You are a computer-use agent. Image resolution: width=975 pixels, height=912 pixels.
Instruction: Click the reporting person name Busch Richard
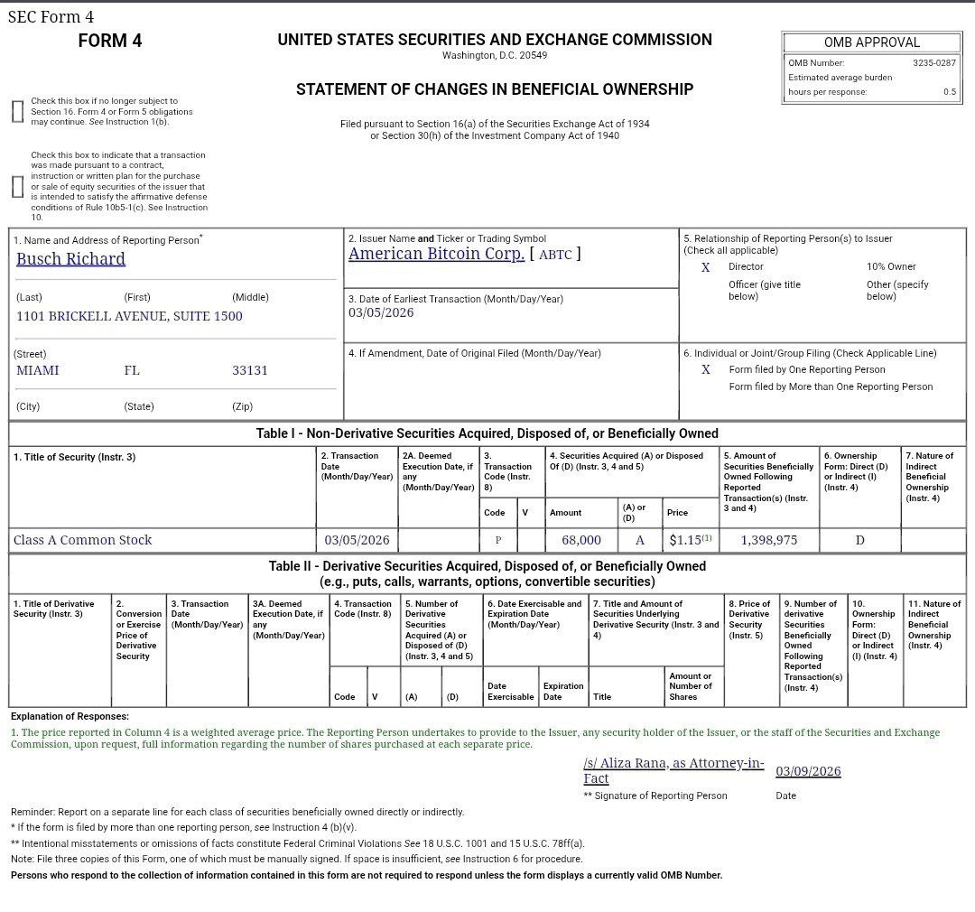coord(70,259)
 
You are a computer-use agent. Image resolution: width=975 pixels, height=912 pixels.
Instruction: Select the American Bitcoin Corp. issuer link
coord(436,254)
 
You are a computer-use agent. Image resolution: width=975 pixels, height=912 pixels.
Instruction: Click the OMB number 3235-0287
coord(933,63)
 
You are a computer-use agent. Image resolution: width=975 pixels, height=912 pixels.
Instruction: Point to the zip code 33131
coord(249,370)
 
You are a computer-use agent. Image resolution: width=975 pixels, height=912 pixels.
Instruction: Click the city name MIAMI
coord(37,370)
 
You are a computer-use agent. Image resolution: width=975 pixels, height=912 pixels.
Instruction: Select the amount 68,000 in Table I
coord(580,540)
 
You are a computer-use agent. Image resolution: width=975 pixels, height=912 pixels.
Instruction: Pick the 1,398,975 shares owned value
coord(768,540)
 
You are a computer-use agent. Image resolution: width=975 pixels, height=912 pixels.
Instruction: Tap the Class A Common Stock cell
coord(82,540)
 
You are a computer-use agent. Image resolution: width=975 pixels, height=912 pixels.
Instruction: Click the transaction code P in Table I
coord(497,540)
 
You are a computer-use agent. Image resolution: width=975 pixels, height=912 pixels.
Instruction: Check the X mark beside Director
coord(706,267)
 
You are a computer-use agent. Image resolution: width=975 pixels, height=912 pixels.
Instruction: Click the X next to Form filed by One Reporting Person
coord(706,369)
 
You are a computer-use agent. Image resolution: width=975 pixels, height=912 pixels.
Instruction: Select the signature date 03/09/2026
coord(808,771)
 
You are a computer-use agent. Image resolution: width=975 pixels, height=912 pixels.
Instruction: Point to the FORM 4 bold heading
coord(110,41)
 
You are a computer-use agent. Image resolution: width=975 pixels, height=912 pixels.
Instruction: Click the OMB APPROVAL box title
coord(871,42)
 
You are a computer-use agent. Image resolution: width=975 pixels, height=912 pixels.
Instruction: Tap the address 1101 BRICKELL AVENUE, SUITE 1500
coord(129,316)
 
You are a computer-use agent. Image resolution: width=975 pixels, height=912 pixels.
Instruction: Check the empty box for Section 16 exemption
coord(17,111)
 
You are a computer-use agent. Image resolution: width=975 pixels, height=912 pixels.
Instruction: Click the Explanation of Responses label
coord(70,716)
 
